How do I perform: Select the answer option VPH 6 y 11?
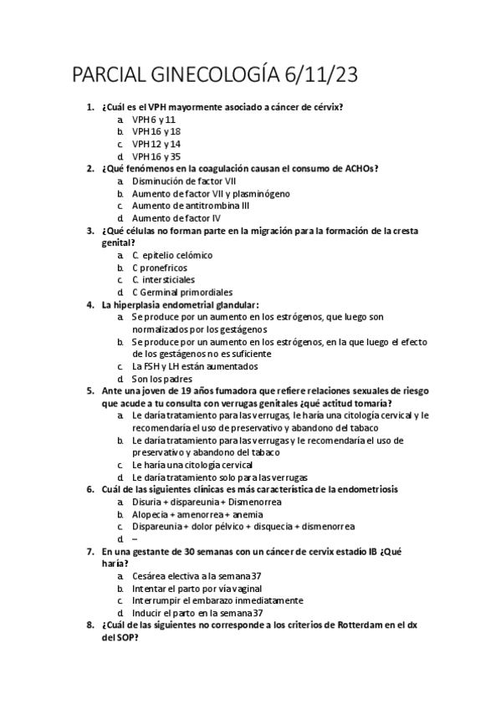154,120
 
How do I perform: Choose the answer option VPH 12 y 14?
156,144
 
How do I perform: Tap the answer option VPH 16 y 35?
156,156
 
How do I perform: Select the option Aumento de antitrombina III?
190,205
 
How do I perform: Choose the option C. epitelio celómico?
172,254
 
